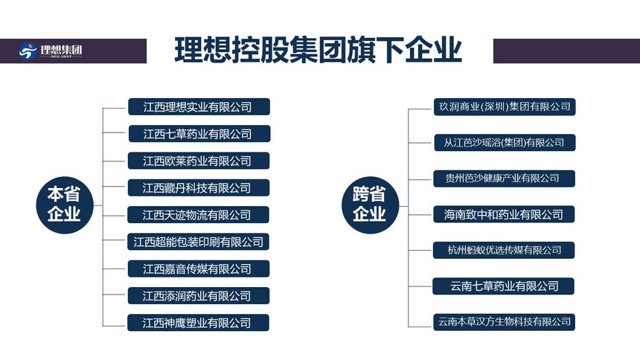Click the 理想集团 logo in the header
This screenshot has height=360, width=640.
[x=51, y=51]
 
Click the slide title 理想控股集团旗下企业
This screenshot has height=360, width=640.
[x=318, y=50]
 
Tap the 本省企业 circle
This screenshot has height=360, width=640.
[x=65, y=205]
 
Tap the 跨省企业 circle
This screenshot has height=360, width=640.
[x=370, y=205]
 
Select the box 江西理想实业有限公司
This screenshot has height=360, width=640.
[x=199, y=107]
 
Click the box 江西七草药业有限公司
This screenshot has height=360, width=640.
[x=199, y=134]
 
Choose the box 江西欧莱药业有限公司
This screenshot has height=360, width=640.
[x=199, y=161]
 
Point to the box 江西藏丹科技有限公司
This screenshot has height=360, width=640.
[x=199, y=187]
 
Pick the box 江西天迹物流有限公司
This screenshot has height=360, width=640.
[x=198, y=215]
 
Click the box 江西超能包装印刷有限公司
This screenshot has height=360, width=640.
[x=198, y=242]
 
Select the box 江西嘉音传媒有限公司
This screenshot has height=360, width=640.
[x=199, y=269]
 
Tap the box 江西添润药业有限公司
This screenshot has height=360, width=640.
[x=199, y=296]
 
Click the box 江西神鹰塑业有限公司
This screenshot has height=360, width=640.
[x=198, y=323]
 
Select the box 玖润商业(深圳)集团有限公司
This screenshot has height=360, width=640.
[x=505, y=107]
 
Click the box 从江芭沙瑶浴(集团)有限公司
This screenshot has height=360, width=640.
[x=505, y=143]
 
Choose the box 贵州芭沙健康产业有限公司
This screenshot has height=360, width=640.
[x=504, y=179]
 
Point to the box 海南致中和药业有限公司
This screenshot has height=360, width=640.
[x=504, y=214]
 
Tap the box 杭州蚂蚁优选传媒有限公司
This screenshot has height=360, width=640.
[x=504, y=250]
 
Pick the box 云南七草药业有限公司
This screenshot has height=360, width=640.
[x=503, y=286]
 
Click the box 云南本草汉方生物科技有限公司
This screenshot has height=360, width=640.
[x=504, y=321]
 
